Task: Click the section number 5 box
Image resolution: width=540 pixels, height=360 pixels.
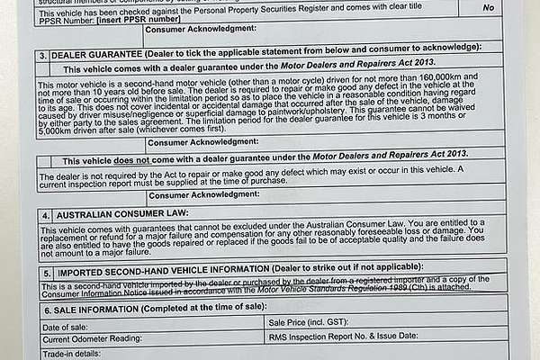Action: (x=45, y=271)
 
